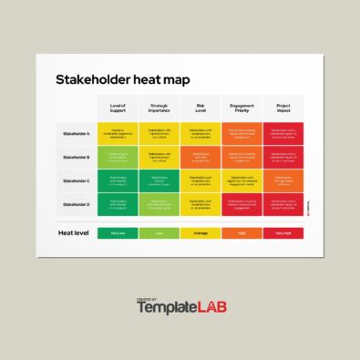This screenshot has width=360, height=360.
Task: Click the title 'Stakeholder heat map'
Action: pyautogui.click(x=123, y=80)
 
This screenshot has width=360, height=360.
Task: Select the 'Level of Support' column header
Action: pyautogui.click(x=118, y=108)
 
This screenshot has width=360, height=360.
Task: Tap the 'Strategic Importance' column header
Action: pyautogui.click(x=159, y=108)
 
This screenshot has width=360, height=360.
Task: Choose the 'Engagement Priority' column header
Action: pyautogui.click(x=242, y=108)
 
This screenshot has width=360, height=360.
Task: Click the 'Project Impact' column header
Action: pyautogui.click(x=283, y=108)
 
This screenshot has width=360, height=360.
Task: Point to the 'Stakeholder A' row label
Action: pyautogui.click(x=77, y=133)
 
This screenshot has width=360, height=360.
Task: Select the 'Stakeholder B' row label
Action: pyautogui.click(x=77, y=157)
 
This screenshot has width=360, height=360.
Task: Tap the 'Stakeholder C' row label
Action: pyautogui.click(x=77, y=180)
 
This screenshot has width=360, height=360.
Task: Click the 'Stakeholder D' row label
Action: pyautogui.click(x=77, y=204)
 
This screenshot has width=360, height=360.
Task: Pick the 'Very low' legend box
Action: pyautogui.click(x=118, y=233)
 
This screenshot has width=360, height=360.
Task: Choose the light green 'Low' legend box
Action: pyautogui.click(x=159, y=233)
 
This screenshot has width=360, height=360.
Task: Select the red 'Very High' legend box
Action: pyautogui.click(x=283, y=233)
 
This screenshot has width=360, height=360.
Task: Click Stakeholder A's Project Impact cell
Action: pyautogui.click(x=283, y=133)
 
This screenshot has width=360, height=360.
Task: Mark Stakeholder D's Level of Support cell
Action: pyautogui.click(x=118, y=204)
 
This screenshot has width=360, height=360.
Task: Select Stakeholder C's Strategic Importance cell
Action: pyautogui.click(x=159, y=180)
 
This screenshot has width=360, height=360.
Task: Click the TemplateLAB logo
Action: pyautogui.click(x=181, y=307)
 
